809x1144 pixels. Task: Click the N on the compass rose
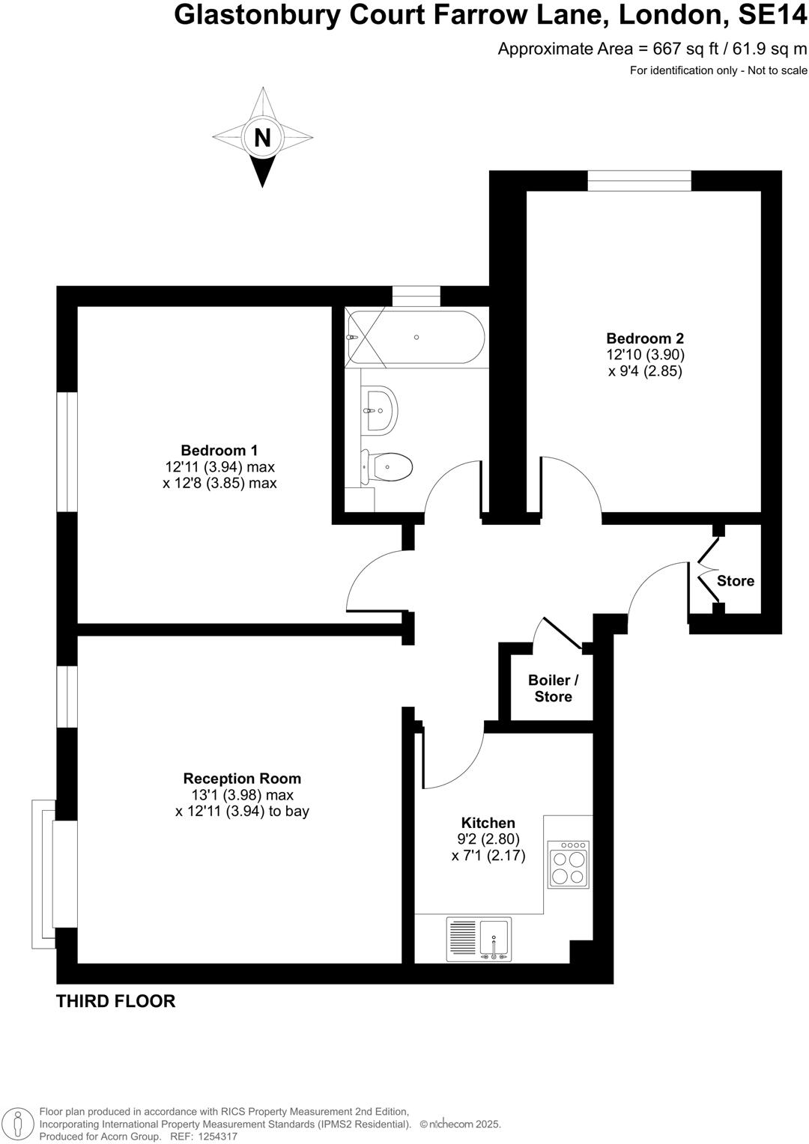262,138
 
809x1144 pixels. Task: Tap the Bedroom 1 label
219,450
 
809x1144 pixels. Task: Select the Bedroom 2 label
645,338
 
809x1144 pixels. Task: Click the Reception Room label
242,779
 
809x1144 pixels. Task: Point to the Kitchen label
488,823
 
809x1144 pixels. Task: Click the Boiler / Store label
554,688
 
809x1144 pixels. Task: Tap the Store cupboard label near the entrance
736,581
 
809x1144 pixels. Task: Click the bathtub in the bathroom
416,337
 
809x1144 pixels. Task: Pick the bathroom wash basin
380,410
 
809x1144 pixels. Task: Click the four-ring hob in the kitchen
569,864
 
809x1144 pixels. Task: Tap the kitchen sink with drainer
479,939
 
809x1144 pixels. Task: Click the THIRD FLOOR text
115,1001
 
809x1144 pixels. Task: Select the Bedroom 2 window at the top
639,180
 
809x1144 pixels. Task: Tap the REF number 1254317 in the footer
216,1136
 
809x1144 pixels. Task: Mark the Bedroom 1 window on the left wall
67,451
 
